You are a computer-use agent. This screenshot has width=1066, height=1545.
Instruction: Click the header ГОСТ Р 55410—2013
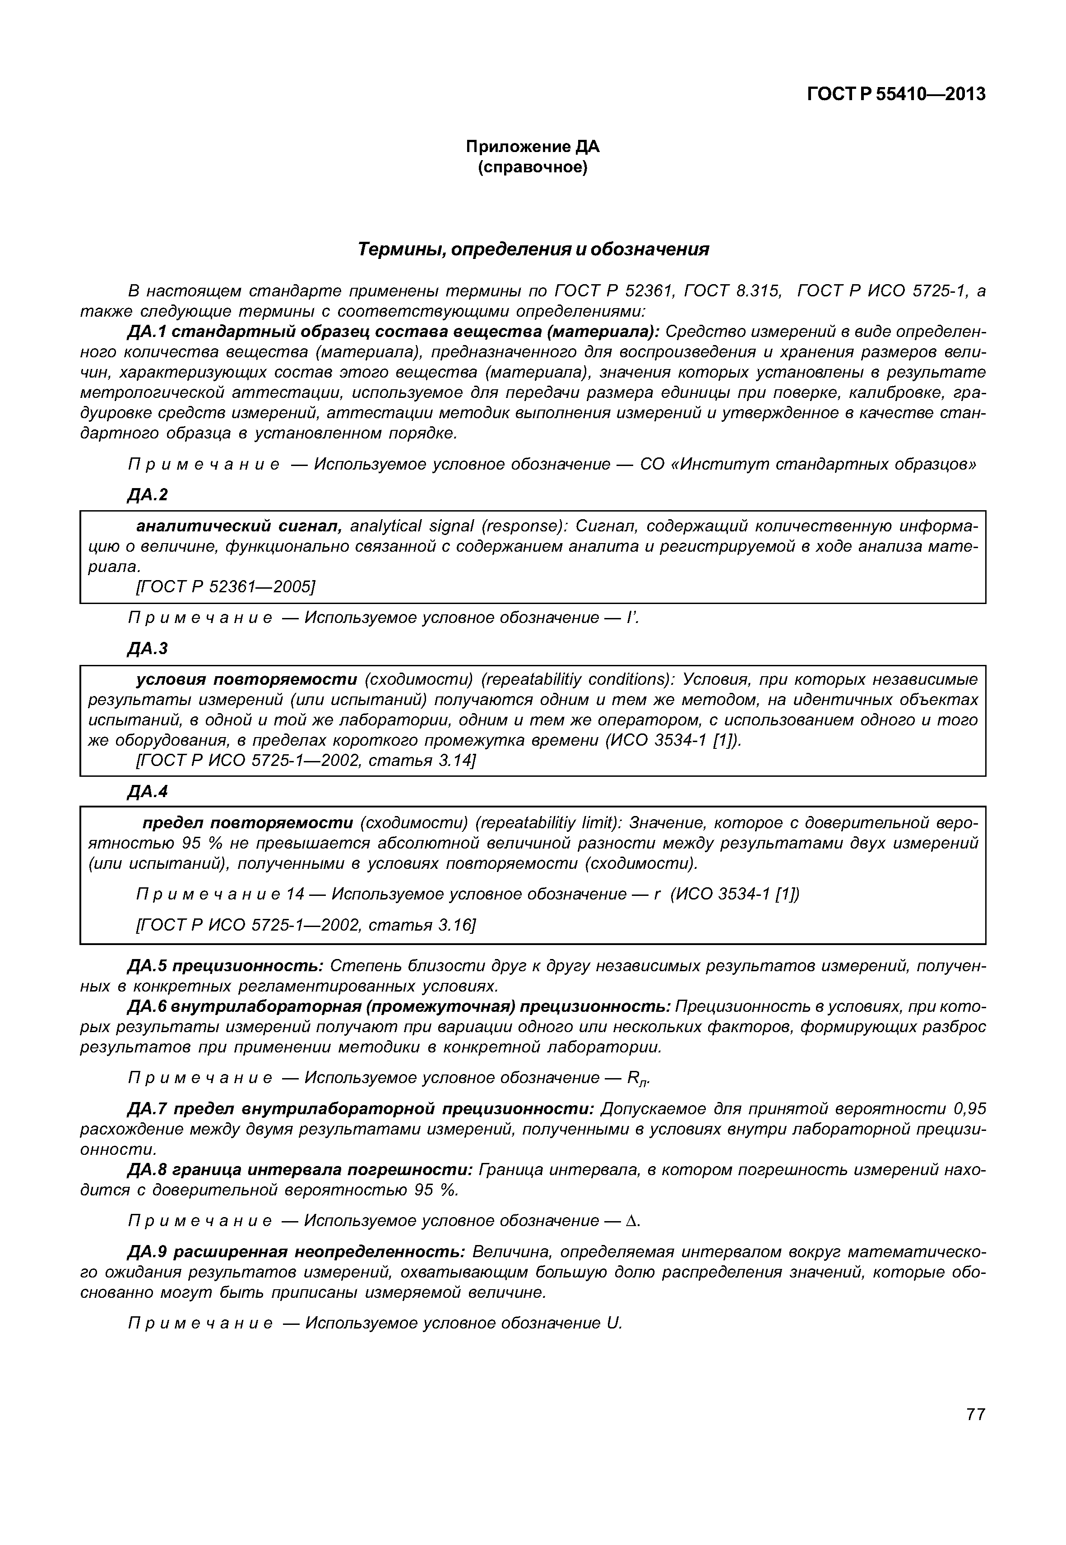tap(896, 94)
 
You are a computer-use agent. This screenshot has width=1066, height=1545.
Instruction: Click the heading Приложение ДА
tap(533, 146)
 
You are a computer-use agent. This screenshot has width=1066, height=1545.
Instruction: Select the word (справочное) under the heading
tap(533, 167)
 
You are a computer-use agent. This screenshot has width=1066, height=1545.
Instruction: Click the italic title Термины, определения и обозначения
tap(533, 250)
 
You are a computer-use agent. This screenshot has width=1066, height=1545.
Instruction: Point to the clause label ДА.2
tap(148, 495)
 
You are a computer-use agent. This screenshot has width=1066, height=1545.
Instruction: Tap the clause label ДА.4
tap(148, 791)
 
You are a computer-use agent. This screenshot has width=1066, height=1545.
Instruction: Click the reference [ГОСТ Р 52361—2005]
tap(225, 586)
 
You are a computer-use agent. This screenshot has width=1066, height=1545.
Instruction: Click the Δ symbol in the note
tap(631, 1221)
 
